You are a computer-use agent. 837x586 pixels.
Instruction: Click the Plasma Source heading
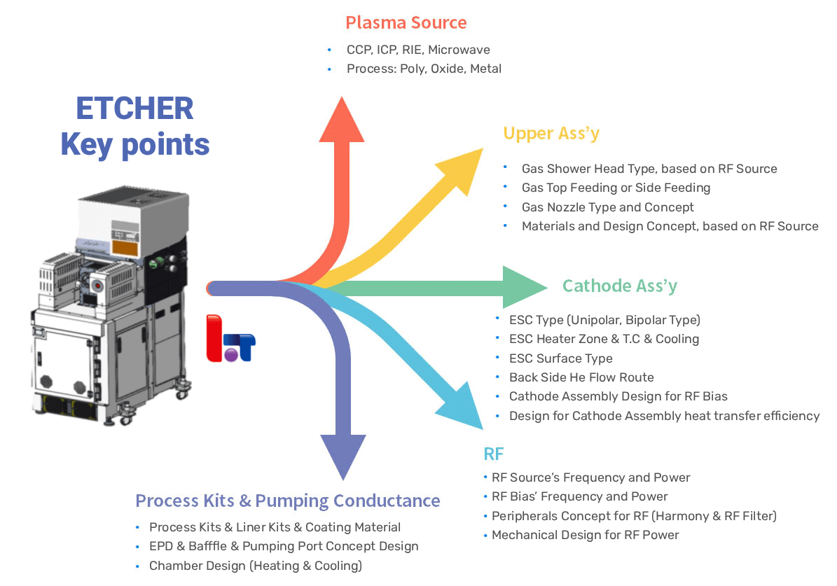click(406, 22)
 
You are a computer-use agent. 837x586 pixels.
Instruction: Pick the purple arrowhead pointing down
click(343, 455)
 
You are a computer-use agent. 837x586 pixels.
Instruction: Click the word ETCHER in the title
click(134, 109)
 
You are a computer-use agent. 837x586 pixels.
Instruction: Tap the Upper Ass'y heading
click(551, 133)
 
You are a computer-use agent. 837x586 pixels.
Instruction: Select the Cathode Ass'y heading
click(620, 286)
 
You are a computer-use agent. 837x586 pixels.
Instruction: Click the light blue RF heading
click(493, 454)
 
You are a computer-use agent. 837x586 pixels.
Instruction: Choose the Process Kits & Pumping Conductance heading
click(287, 501)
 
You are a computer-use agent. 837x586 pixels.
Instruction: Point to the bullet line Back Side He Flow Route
click(581, 377)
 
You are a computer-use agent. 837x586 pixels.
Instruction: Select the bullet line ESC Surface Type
click(560, 358)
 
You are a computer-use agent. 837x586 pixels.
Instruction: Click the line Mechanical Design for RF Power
click(585, 535)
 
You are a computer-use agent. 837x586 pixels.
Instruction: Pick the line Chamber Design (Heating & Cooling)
click(255, 566)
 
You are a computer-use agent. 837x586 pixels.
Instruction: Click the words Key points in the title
click(134, 144)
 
